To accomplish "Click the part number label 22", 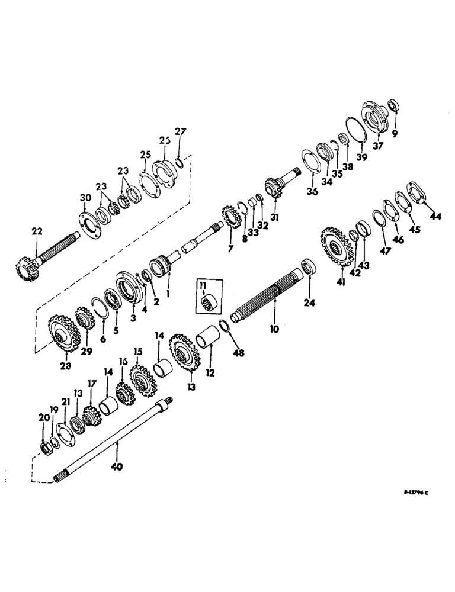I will click(37, 231).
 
